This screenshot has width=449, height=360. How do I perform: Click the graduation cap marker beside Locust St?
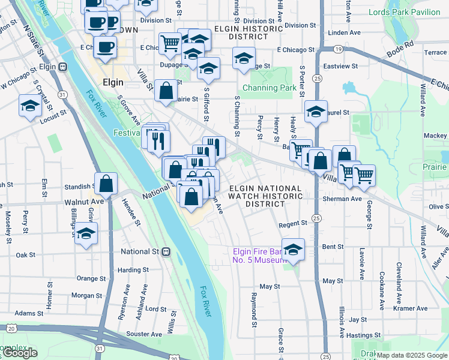point(30,107)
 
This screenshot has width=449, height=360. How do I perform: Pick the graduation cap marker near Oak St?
point(86,233)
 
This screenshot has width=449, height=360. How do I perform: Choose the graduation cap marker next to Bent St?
point(293,250)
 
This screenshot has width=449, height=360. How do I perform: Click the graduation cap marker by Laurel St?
point(316,112)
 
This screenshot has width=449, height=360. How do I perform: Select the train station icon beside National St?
point(166,252)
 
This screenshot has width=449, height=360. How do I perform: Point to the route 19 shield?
point(339,49)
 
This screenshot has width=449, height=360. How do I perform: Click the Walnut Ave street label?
point(85,203)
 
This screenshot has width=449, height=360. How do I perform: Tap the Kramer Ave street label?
point(411,308)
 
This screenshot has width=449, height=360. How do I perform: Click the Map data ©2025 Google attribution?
point(412,355)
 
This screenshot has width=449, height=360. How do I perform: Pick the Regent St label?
point(294,224)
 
